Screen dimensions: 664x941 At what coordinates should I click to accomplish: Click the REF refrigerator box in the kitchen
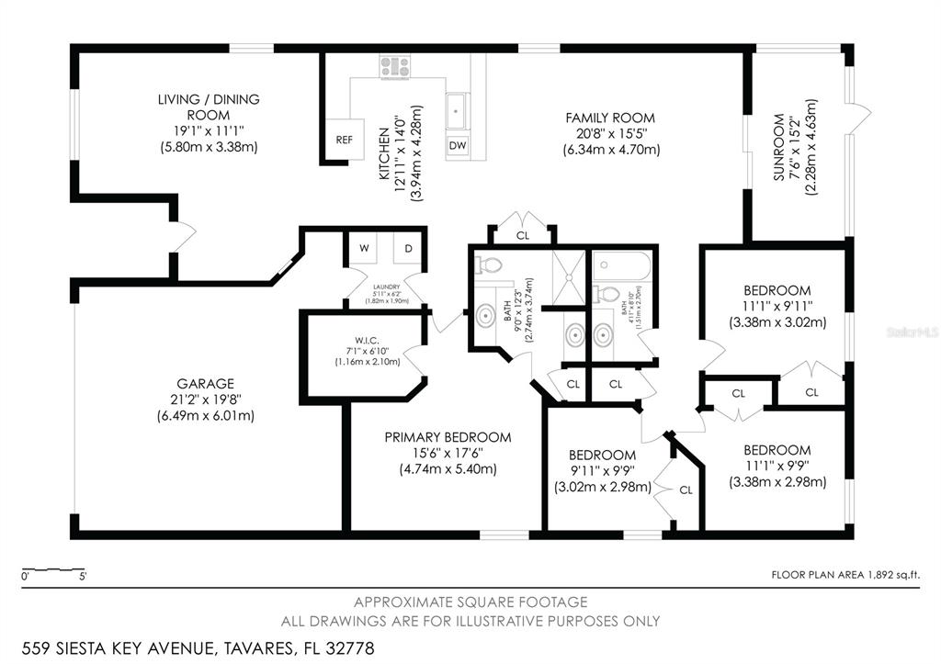345,141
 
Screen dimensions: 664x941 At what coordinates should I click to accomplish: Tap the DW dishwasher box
458,145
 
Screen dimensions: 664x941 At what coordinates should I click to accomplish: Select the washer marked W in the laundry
364,249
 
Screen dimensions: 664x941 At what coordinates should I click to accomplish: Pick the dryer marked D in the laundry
408,249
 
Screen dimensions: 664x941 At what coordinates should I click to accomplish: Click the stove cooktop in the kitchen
395,66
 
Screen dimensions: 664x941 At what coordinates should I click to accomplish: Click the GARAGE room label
205,383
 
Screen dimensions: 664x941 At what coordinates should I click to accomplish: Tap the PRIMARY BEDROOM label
448,437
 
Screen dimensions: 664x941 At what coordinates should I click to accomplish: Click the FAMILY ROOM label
609,118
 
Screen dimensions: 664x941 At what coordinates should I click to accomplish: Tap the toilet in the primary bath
489,265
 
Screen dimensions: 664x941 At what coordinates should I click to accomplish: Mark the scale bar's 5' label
84,577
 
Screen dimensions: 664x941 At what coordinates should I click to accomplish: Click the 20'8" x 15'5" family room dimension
609,133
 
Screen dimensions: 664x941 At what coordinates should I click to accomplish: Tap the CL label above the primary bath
523,236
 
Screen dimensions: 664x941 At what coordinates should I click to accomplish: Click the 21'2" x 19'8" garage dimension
205,400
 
